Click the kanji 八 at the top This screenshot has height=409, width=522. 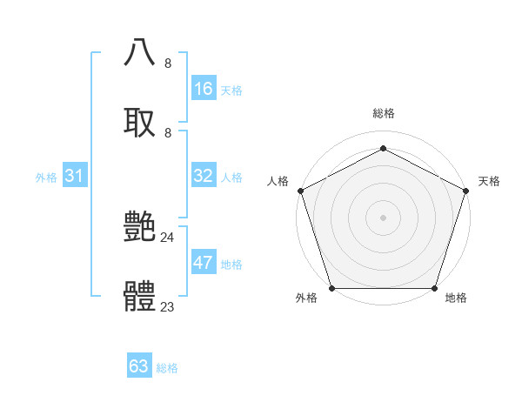[x=140, y=52]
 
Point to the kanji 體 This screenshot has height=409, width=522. [x=140, y=295]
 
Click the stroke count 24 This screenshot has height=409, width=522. [x=167, y=237]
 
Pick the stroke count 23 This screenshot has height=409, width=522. [x=167, y=306]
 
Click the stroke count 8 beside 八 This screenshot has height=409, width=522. [x=168, y=63]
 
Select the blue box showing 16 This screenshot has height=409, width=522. [x=203, y=89]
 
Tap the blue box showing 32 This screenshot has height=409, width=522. [x=203, y=176]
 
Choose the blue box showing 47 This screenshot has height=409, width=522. [x=203, y=263]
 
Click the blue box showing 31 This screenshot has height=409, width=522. [x=75, y=176]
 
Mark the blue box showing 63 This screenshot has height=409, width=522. [x=139, y=366]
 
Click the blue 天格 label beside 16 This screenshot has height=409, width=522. [x=231, y=91]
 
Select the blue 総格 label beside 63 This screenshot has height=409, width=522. [x=167, y=368]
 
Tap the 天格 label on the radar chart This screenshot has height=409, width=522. [x=489, y=181]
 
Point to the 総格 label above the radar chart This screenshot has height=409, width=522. [x=383, y=113]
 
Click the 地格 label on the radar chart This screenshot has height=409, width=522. [x=456, y=298]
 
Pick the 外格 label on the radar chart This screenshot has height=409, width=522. [x=306, y=298]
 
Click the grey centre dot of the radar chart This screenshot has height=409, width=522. [x=383, y=217]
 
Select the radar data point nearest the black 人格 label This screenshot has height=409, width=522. [x=301, y=191]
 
